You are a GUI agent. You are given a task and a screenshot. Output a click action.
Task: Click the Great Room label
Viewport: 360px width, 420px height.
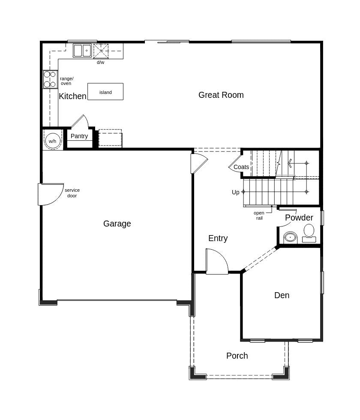221,95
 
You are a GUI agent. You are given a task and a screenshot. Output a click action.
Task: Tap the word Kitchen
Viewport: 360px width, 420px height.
72,96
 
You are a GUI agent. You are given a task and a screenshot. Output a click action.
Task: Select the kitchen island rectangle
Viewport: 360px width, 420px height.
105,92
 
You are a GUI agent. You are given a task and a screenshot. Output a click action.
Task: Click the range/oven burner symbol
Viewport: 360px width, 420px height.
50,79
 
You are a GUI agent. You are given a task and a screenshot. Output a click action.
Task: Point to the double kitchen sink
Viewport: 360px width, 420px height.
82,51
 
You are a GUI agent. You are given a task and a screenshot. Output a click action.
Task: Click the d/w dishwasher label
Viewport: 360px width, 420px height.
100,62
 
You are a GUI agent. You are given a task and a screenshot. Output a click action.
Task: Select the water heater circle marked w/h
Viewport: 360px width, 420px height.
53,140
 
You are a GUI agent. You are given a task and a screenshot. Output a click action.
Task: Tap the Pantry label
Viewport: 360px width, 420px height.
79,136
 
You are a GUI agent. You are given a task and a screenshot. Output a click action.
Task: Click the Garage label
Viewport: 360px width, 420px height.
117,224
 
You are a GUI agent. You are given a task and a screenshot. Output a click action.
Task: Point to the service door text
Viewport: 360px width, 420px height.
72,193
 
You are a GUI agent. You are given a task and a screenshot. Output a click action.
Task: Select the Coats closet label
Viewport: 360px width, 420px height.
241,167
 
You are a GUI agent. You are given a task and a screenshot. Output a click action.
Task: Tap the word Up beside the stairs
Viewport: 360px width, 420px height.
236,192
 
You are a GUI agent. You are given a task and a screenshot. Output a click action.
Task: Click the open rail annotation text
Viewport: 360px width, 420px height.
259,215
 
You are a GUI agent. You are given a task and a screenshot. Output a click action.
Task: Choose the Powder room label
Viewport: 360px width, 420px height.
299,218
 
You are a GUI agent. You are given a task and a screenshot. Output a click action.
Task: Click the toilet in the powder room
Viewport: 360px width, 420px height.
309,232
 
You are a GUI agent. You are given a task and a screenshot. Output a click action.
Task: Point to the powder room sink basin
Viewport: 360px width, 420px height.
290,237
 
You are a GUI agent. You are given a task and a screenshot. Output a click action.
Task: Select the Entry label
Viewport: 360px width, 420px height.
218,238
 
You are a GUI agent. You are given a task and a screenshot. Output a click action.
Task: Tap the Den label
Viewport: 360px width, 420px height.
282,295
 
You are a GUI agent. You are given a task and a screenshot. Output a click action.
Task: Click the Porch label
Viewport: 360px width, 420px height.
237,356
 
